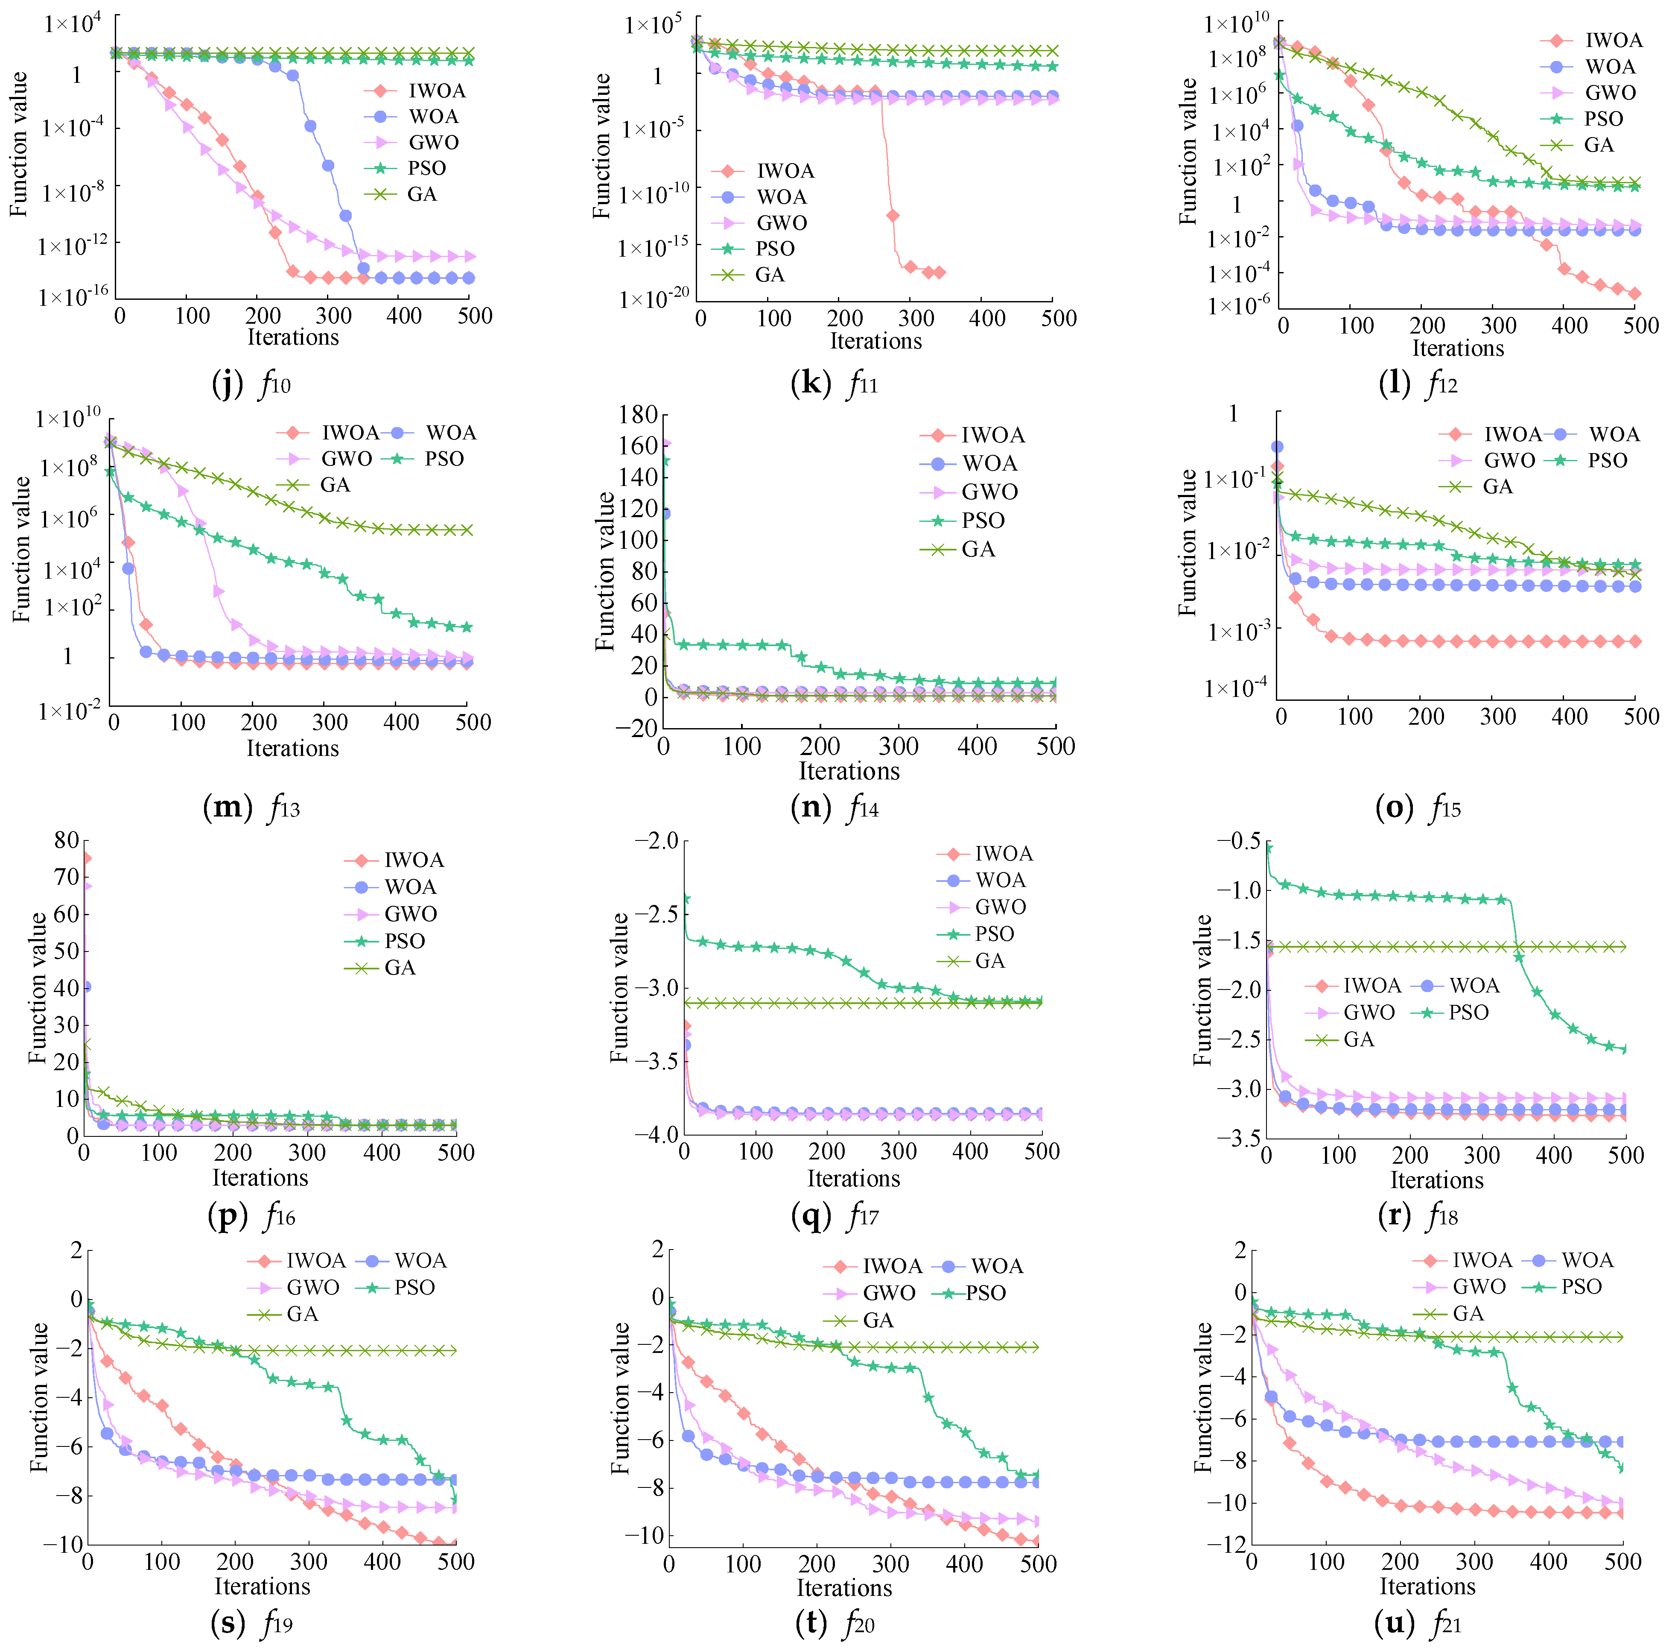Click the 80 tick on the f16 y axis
tap(67, 840)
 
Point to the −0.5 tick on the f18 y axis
tap(1239, 842)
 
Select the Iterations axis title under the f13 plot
tap(292, 748)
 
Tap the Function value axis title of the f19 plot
tap(39, 1397)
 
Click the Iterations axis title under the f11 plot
tap(876, 341)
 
